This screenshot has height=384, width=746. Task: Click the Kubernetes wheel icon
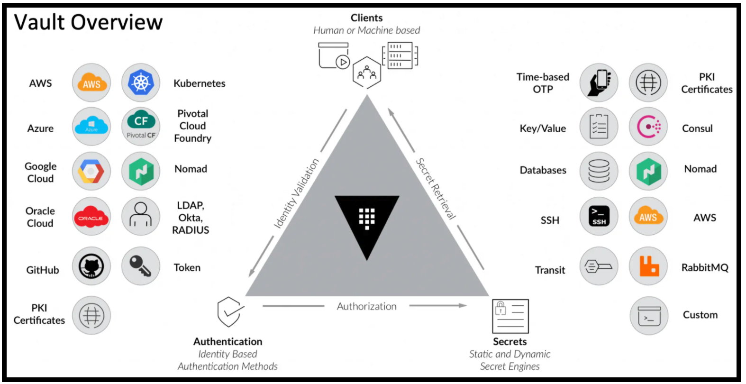141,83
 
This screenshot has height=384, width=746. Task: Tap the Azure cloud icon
91,127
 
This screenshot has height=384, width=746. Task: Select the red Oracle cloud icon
91,218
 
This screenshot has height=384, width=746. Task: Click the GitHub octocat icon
91,267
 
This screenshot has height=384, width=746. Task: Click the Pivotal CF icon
141,126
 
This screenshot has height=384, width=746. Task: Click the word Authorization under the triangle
366,306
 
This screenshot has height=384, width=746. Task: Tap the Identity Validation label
297,193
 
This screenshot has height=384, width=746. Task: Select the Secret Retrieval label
436,188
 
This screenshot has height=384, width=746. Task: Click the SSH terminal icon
599,217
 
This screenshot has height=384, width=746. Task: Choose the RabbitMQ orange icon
648,266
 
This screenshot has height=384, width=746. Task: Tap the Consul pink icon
648,127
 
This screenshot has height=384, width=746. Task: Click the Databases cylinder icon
599,171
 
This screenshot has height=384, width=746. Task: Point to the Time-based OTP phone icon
599,83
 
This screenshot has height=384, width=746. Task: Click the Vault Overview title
88,22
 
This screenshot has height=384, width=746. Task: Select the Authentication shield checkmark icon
229,311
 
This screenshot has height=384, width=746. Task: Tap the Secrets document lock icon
510,316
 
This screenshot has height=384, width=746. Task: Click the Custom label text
700,315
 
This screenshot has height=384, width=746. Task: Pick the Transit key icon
599,266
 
